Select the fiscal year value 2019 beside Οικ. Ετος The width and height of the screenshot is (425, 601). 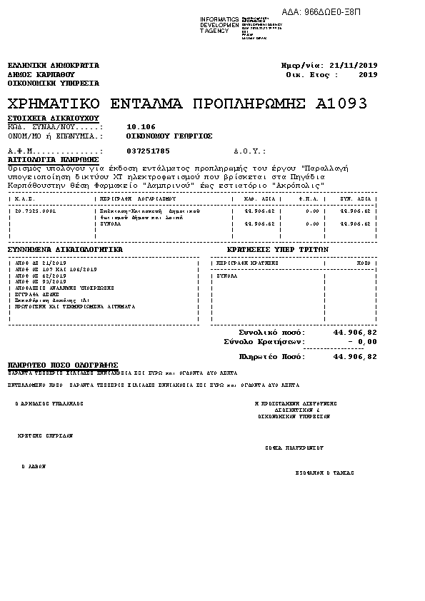point(368,74)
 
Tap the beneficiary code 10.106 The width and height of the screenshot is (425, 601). point(140,126)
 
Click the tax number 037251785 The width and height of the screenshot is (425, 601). point(148,151)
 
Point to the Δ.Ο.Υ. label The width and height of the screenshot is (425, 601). point(249,151)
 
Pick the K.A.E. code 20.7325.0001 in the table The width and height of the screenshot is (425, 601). point(36,211)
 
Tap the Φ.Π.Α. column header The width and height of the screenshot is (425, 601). point(308,198)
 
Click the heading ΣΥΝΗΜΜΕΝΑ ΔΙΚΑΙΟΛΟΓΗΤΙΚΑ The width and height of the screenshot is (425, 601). point(65,250)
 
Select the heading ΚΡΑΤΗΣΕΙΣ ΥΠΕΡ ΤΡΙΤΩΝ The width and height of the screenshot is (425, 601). point(276,250)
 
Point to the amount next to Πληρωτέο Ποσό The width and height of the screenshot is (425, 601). point(355,356)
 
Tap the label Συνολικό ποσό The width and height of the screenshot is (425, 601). point(271,333)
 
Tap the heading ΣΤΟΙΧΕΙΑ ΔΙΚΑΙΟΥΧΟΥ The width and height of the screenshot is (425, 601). point(53,117)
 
